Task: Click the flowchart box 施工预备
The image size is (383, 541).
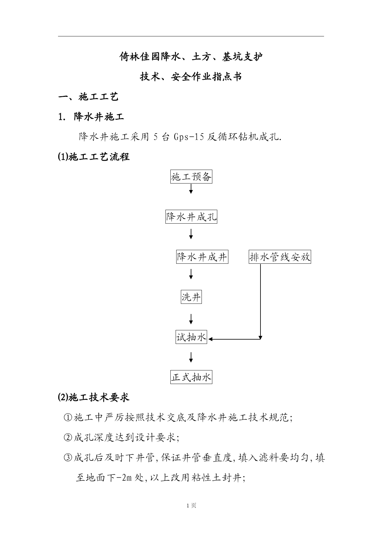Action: (191, 177)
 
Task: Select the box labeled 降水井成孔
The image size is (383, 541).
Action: (191, 217)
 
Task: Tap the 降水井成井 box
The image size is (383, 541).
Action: (202, 257)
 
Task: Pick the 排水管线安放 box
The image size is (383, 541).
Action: (280, 257)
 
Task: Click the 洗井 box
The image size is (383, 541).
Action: (191, 297)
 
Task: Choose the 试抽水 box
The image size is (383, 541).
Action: (191, 337)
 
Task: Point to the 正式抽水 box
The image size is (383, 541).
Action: (191, 378)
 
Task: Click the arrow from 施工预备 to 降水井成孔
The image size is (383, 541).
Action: (191, 189)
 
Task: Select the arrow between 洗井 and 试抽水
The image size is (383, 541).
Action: (191, 319)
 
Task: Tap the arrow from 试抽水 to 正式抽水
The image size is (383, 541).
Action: (191, 357)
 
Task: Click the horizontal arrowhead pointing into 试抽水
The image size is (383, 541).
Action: (210, 339)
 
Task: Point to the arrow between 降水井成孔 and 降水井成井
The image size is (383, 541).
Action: (191, 234)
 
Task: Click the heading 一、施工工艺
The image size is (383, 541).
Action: (89, 97)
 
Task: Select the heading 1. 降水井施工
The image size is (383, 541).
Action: (91, 117)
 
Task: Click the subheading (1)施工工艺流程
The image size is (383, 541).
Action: (94, 157)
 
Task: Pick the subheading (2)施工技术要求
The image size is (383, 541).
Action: (94, 397)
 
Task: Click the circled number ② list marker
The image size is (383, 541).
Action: (68, 438)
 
